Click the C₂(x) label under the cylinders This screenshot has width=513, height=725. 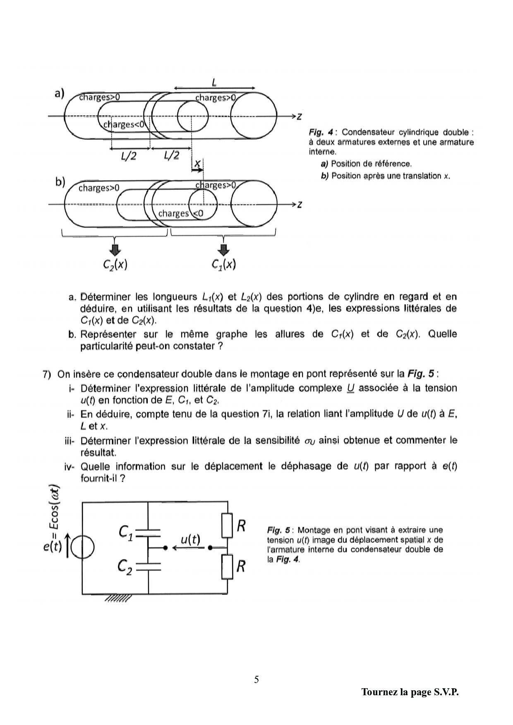coord(115,265)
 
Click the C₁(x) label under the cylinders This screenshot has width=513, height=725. coord(223,265)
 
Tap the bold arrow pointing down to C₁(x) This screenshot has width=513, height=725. coord(224,250)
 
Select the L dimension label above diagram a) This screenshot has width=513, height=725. coord(214,83)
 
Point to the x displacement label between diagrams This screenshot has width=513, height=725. coord(198,163)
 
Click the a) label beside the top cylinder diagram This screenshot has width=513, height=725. coord(60,93)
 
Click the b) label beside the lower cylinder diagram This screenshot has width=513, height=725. coord(60,182)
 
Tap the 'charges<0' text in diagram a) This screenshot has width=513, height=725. coord(124,124)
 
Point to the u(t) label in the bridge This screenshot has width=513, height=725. coord(190,539)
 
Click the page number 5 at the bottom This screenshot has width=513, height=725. coord(256,679)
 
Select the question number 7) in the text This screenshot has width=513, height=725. coord(47,374)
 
